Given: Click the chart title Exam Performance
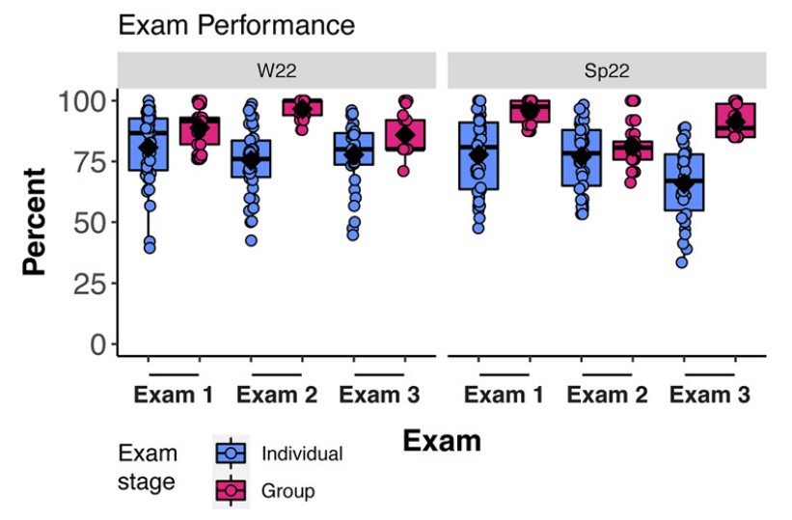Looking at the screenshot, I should [236, 26].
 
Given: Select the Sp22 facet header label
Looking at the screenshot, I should [607, 69].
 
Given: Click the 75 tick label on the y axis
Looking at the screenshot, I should [85, 162].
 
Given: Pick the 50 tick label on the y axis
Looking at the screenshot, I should [85, 223].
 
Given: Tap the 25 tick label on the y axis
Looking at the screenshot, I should [85, 284].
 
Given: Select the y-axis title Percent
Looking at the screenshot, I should [35, 222].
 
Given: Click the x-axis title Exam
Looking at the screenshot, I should [441, 441].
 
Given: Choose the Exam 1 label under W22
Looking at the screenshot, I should [174, 395].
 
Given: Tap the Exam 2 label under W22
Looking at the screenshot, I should [277, 395].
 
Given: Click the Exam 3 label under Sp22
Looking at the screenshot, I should [709, 395].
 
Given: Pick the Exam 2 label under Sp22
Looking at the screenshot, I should [606, 395].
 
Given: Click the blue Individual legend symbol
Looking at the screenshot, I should [232, 453].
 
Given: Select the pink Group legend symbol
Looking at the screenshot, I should [232, 490].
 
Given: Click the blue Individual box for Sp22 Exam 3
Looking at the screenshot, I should [684, 181].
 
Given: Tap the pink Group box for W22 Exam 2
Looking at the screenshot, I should [302, 106].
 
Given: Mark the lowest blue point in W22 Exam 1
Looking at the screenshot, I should [149, 248].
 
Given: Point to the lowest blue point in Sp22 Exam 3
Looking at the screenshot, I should [682, 261].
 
